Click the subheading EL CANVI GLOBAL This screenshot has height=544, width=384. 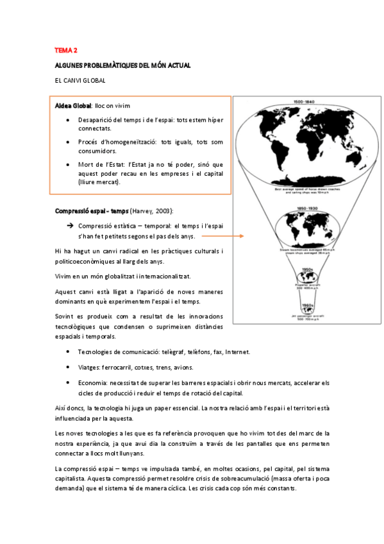80,80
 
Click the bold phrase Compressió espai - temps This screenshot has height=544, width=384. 91,211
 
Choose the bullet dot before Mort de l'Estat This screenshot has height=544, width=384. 69,164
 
